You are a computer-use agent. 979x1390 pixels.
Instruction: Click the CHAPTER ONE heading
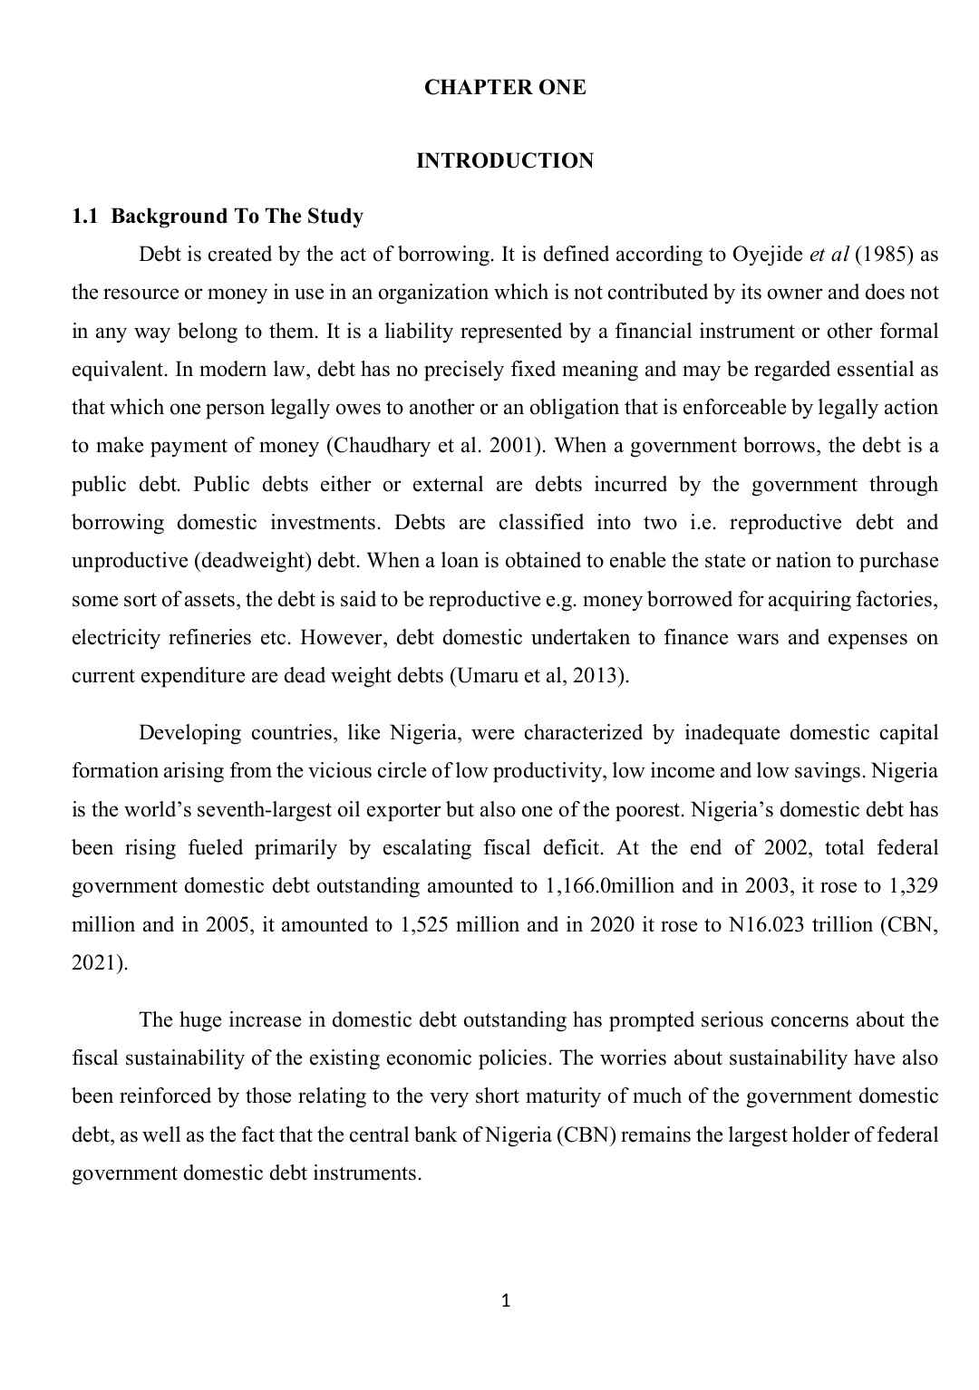pos(505,88)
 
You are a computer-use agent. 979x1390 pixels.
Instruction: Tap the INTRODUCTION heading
pos(505,161)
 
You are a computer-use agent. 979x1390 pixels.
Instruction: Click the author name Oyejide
pos(767,255)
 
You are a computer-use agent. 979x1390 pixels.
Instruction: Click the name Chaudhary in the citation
pos(373,446)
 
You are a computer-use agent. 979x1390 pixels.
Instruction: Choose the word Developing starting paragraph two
pos(189,733)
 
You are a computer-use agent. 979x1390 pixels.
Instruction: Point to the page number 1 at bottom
pos(506,1302)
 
